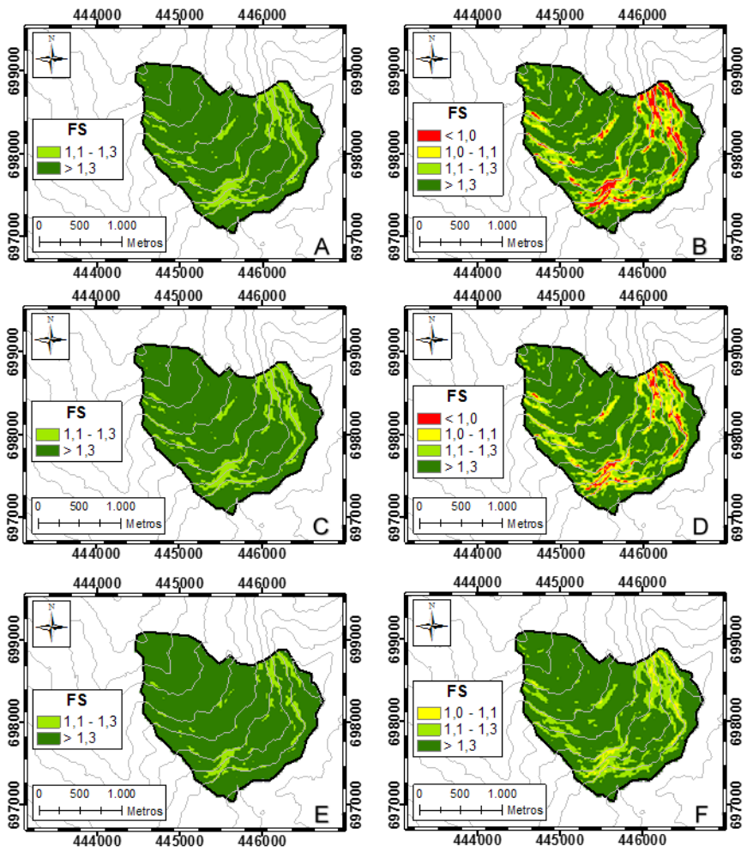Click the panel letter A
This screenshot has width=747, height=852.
(322, 247)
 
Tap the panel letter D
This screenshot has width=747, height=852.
(702, 527)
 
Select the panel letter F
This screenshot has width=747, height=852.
(702, 808)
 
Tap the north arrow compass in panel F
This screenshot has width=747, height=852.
(433, 620)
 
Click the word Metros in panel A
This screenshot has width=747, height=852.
(144, 243)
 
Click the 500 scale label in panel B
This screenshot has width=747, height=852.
(460, 225)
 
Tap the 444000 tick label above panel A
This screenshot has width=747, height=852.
(96, 15)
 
